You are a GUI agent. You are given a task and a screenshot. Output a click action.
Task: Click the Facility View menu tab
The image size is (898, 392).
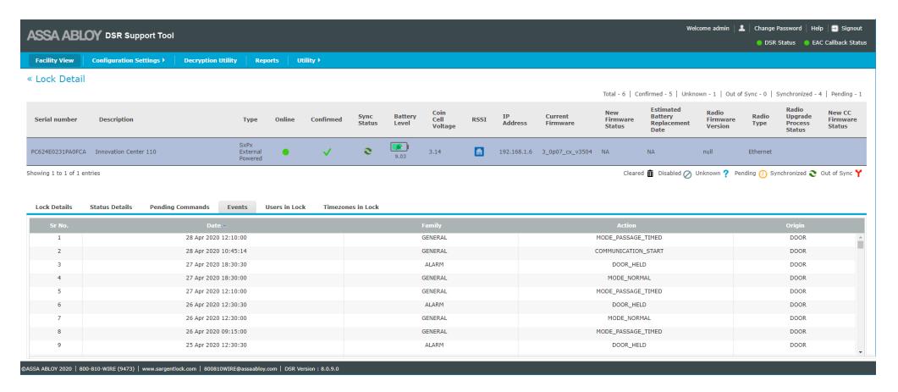54,60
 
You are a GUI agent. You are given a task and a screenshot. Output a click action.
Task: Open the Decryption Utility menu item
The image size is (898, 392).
210,60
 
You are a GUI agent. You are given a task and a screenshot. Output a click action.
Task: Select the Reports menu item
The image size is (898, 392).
267,60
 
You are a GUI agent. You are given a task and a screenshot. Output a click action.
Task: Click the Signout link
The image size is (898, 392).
851,28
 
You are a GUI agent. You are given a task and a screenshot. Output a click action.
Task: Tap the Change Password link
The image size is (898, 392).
778,28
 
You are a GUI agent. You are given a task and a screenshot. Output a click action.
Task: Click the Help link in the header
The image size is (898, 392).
817,28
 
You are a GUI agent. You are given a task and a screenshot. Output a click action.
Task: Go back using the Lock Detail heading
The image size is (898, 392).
56,79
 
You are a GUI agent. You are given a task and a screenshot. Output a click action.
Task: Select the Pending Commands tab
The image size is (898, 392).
179,207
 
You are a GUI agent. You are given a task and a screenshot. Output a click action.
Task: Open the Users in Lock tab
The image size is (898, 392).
285,207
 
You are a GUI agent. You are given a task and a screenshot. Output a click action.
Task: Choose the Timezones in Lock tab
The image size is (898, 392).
351,207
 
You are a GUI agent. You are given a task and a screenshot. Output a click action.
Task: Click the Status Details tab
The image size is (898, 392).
111,207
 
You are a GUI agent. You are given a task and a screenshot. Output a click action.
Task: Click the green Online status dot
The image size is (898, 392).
285,152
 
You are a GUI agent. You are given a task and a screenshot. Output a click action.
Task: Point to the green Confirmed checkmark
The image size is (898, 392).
327,152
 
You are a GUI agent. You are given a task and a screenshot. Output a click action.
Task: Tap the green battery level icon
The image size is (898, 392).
399,147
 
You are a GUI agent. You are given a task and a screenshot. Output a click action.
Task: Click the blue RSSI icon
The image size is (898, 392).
479,152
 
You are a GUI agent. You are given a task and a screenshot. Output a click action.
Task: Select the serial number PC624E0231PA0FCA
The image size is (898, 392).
58,152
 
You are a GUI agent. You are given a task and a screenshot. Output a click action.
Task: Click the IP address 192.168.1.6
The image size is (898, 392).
515,152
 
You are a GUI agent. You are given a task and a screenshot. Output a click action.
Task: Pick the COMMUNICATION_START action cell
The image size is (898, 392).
629,251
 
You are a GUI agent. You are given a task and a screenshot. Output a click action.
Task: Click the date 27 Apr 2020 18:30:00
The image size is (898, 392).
217,278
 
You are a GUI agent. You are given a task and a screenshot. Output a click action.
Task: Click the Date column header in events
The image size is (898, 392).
213,226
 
